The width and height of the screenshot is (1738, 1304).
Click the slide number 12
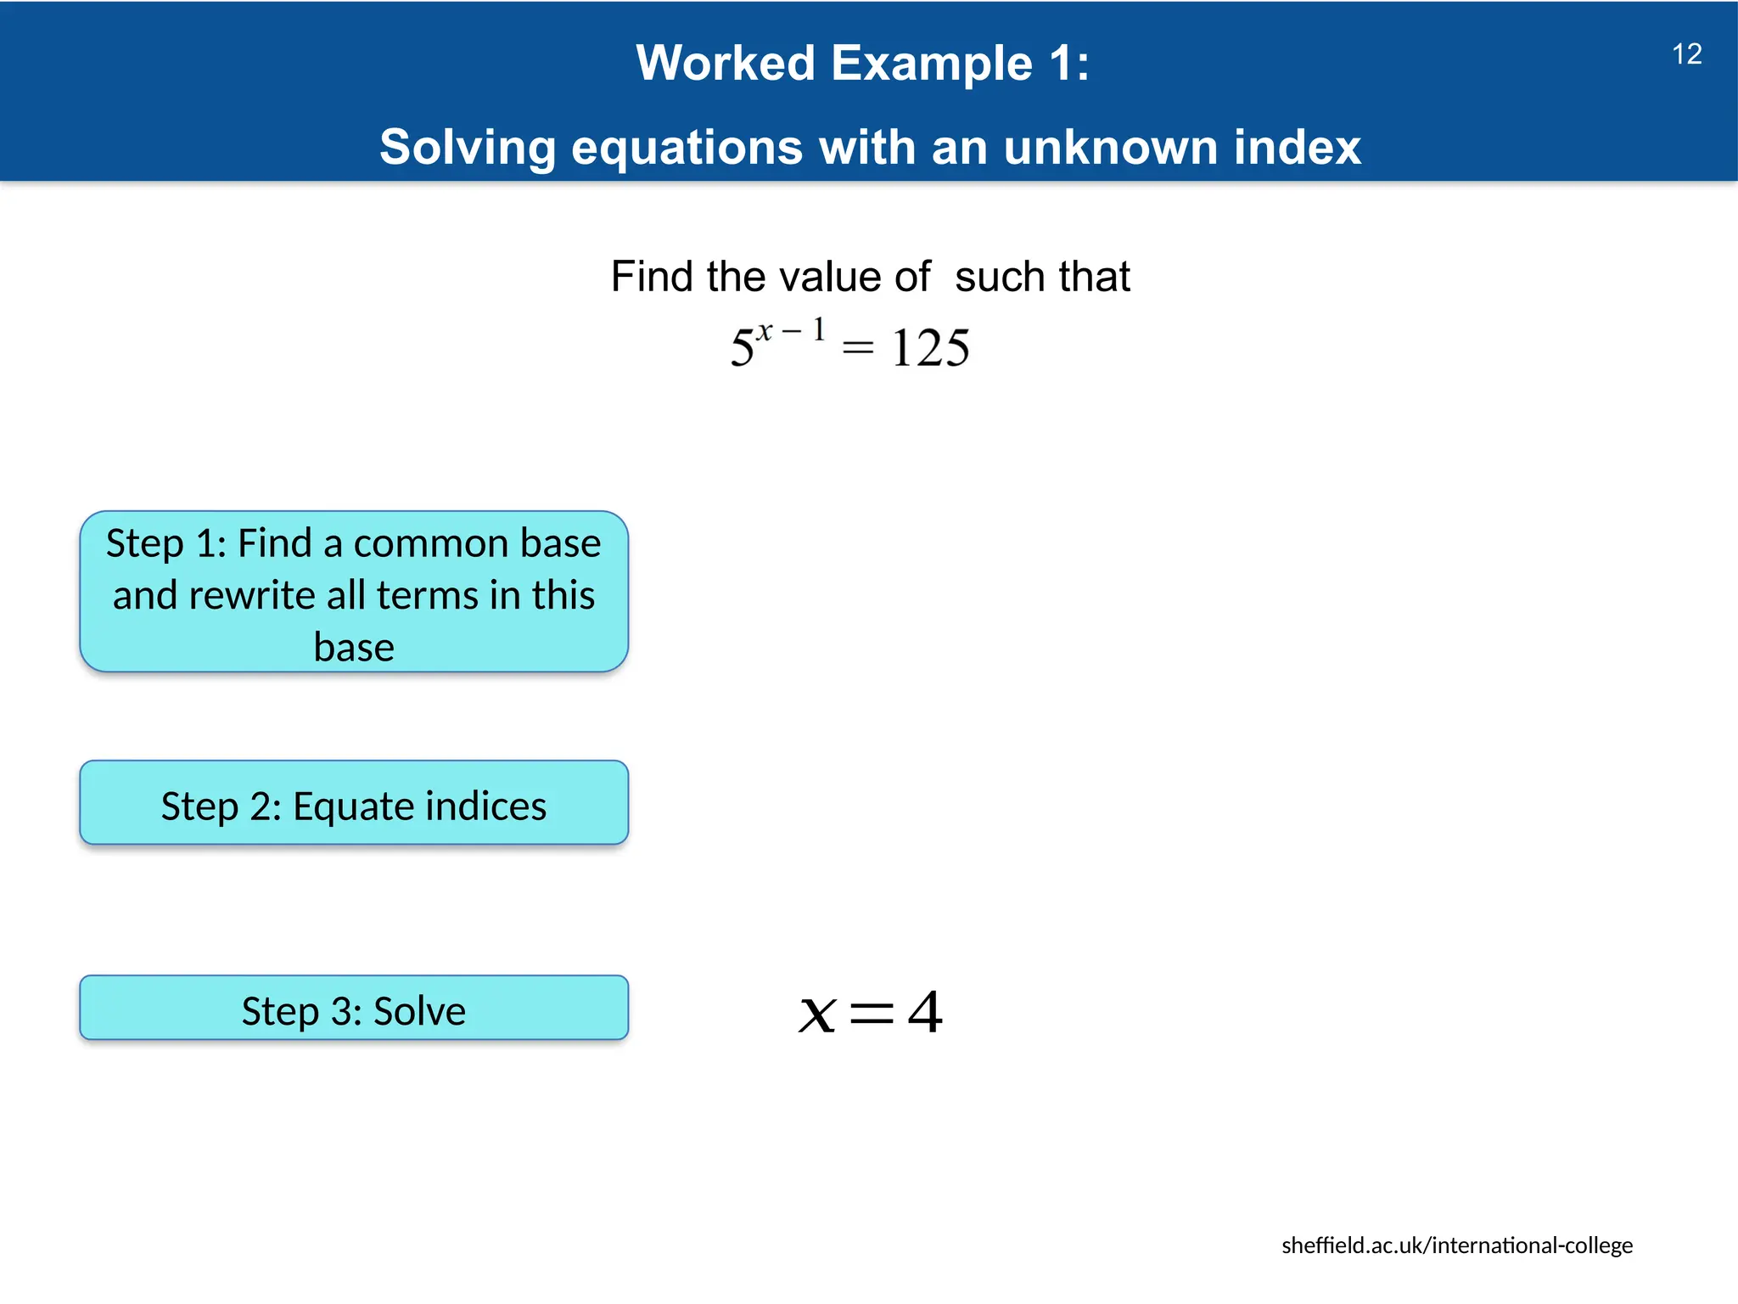[x=1686, y=54]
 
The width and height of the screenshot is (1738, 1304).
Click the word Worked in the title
[x=726, y=64]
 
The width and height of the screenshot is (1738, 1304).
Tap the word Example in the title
[x=932, y=64]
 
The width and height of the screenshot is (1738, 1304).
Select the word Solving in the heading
[x=468, y=148]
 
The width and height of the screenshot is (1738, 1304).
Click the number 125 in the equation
[x=930, y=348]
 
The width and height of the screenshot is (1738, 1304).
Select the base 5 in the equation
[x=742, y=349]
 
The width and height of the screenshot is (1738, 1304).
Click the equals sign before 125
[x=857, y=348]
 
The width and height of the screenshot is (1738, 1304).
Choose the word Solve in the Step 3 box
[x=419, y=1011]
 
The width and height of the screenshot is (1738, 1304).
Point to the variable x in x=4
[x=817, y=1015]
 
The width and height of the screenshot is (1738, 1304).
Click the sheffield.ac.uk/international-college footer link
[x=1456, y=1245]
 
